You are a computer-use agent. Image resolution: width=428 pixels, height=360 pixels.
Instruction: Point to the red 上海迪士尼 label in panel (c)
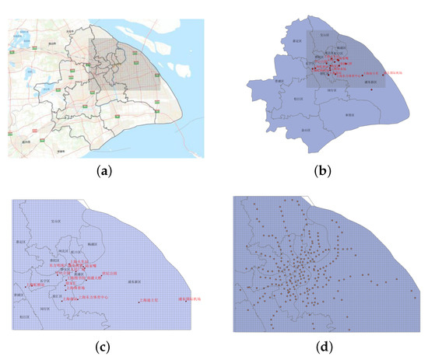[149, 299]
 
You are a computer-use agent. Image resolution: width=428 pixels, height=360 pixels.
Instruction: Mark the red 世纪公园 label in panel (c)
[110, 274]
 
